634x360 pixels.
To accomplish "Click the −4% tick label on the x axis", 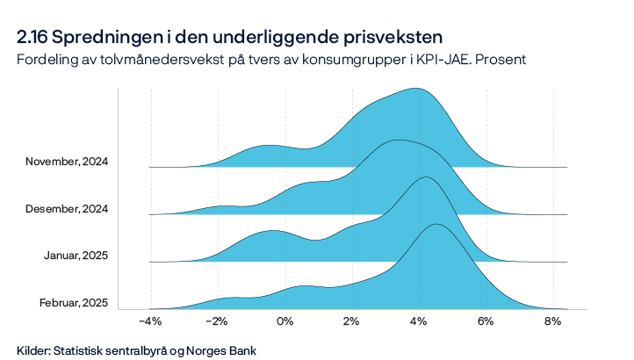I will (x=150, y=321).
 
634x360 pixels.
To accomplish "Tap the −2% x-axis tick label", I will (x=217, y=321).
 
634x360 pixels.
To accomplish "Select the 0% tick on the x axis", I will (x=285, y=321).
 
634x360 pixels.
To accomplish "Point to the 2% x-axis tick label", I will (x=351, y=321).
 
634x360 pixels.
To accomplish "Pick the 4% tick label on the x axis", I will (x=418, y=321).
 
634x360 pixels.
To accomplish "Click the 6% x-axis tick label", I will (x=486, y=321).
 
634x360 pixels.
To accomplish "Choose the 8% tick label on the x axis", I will (x=552, y=321).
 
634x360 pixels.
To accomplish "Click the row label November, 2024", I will (x=67, y=162).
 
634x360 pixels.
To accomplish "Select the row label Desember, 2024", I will (x=68, y=209).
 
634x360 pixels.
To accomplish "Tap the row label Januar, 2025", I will (x=76, y=256).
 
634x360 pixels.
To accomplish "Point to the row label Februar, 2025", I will (x=74, y=303).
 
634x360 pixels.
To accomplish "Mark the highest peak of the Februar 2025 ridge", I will (x=436, y=225).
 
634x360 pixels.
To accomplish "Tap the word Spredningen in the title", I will (x=104, y=37).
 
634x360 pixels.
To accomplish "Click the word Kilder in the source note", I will (x=33, y=349).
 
